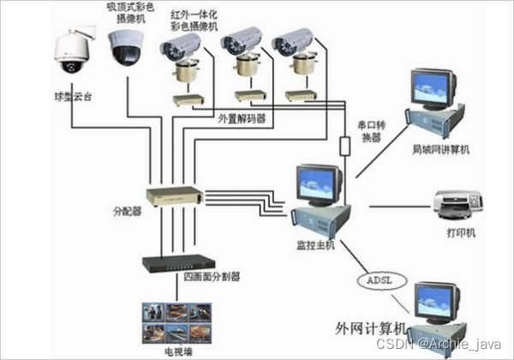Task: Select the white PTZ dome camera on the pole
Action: tap(71, 53)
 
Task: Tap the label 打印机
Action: tap(461, 232)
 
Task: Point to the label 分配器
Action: tap(126, 210)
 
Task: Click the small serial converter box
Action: tap(345, 147)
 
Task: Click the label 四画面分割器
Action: tap(212, 277)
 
